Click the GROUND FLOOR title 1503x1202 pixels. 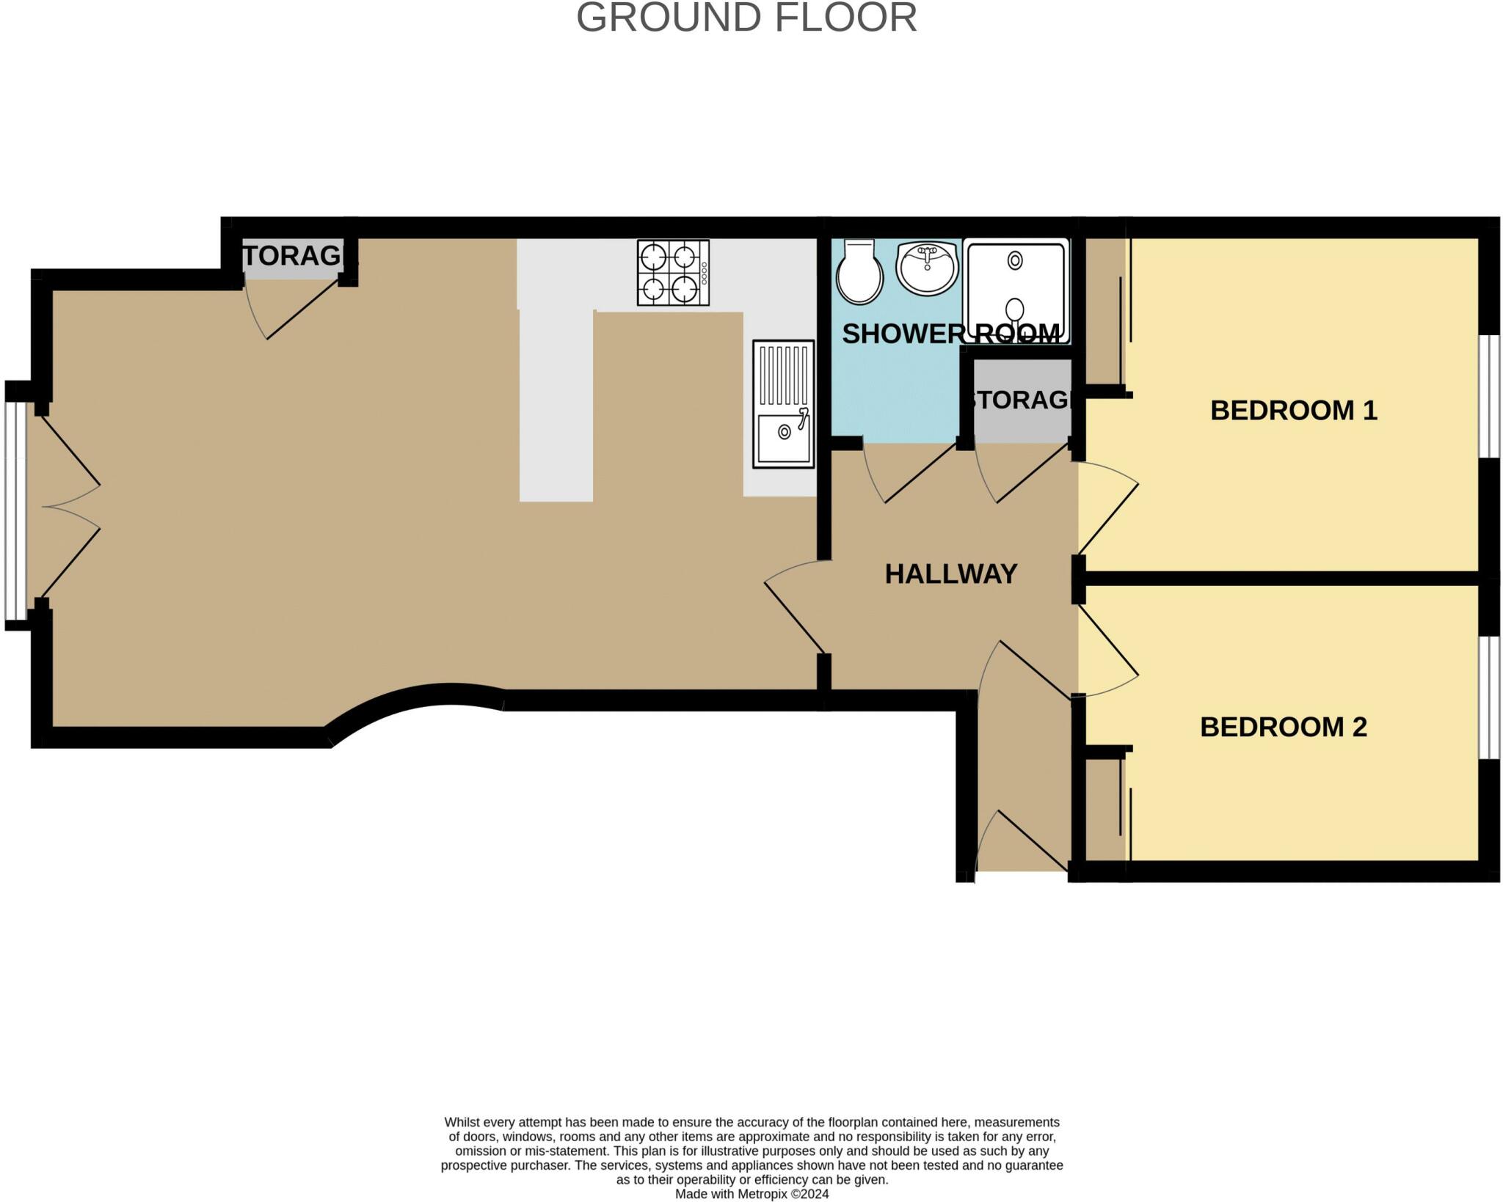746,18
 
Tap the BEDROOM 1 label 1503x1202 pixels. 1293,410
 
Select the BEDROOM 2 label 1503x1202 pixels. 1283,727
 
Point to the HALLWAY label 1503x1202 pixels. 950,573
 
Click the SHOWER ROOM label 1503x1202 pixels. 950,334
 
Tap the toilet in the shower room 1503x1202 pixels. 859,272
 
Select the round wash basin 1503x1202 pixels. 928,268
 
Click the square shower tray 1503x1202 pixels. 1016,291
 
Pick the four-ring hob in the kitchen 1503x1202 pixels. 673,273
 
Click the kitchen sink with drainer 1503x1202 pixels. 783,403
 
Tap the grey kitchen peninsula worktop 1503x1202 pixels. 556,403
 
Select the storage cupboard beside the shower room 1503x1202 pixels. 1020,401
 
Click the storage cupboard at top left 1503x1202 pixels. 292,257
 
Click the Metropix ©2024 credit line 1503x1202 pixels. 751,1194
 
